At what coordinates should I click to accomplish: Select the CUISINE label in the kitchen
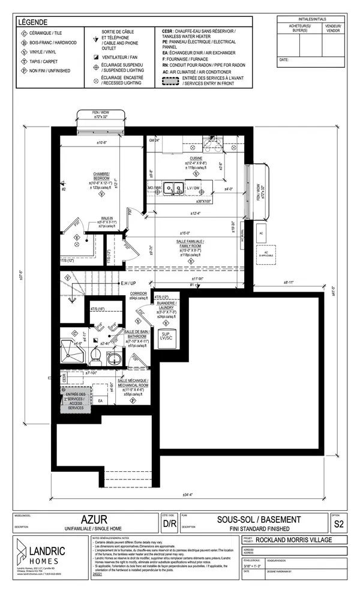click(196, 158)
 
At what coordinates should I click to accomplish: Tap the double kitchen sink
click(175, 188)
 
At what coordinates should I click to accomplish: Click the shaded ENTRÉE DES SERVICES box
click(76, 397)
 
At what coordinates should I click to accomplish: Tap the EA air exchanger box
click(101, 401)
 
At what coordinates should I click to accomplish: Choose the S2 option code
click(339, 523)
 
